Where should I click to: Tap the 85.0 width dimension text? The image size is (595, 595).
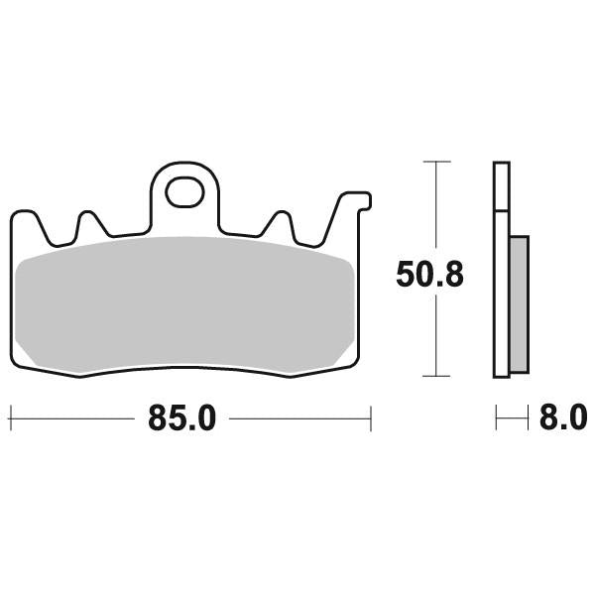pyautogui.click(x=181, y=418)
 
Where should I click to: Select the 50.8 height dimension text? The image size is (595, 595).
pyautogui.click(x=428, y=275)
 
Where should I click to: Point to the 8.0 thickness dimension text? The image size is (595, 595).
pyautogui.click(x=562, y=418)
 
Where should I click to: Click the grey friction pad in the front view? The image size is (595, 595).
pyautogui.click(x=186, y=305)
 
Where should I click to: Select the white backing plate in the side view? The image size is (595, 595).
pyautogui.click(x=502, y=268)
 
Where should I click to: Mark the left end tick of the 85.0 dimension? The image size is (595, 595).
pyautogui.click(x=11, y=418)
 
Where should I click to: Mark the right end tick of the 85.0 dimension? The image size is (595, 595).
pyautogui.click(x=370, y=418)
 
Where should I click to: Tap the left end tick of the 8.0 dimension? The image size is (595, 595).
pyautogui.click(x=496, y=418)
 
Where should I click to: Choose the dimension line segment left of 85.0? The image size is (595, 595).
pyautogui.click(x=74, y=418)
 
